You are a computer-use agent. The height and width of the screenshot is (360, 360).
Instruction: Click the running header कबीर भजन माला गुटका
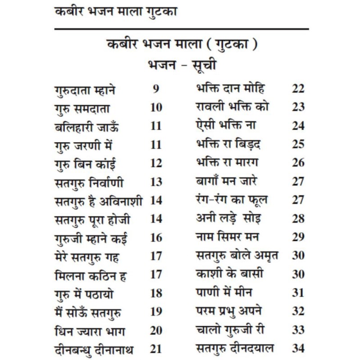(x=115, y=12)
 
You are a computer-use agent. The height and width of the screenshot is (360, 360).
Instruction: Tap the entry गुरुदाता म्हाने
(x=85, y=90)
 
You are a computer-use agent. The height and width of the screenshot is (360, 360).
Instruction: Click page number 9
(x=156, y=89)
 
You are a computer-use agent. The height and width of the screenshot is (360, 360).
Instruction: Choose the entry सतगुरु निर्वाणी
(x=88, y=182)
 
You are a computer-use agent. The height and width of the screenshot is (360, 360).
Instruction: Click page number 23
(x=298, y=107)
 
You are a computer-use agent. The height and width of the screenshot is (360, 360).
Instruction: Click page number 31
(x=298, y=292)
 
